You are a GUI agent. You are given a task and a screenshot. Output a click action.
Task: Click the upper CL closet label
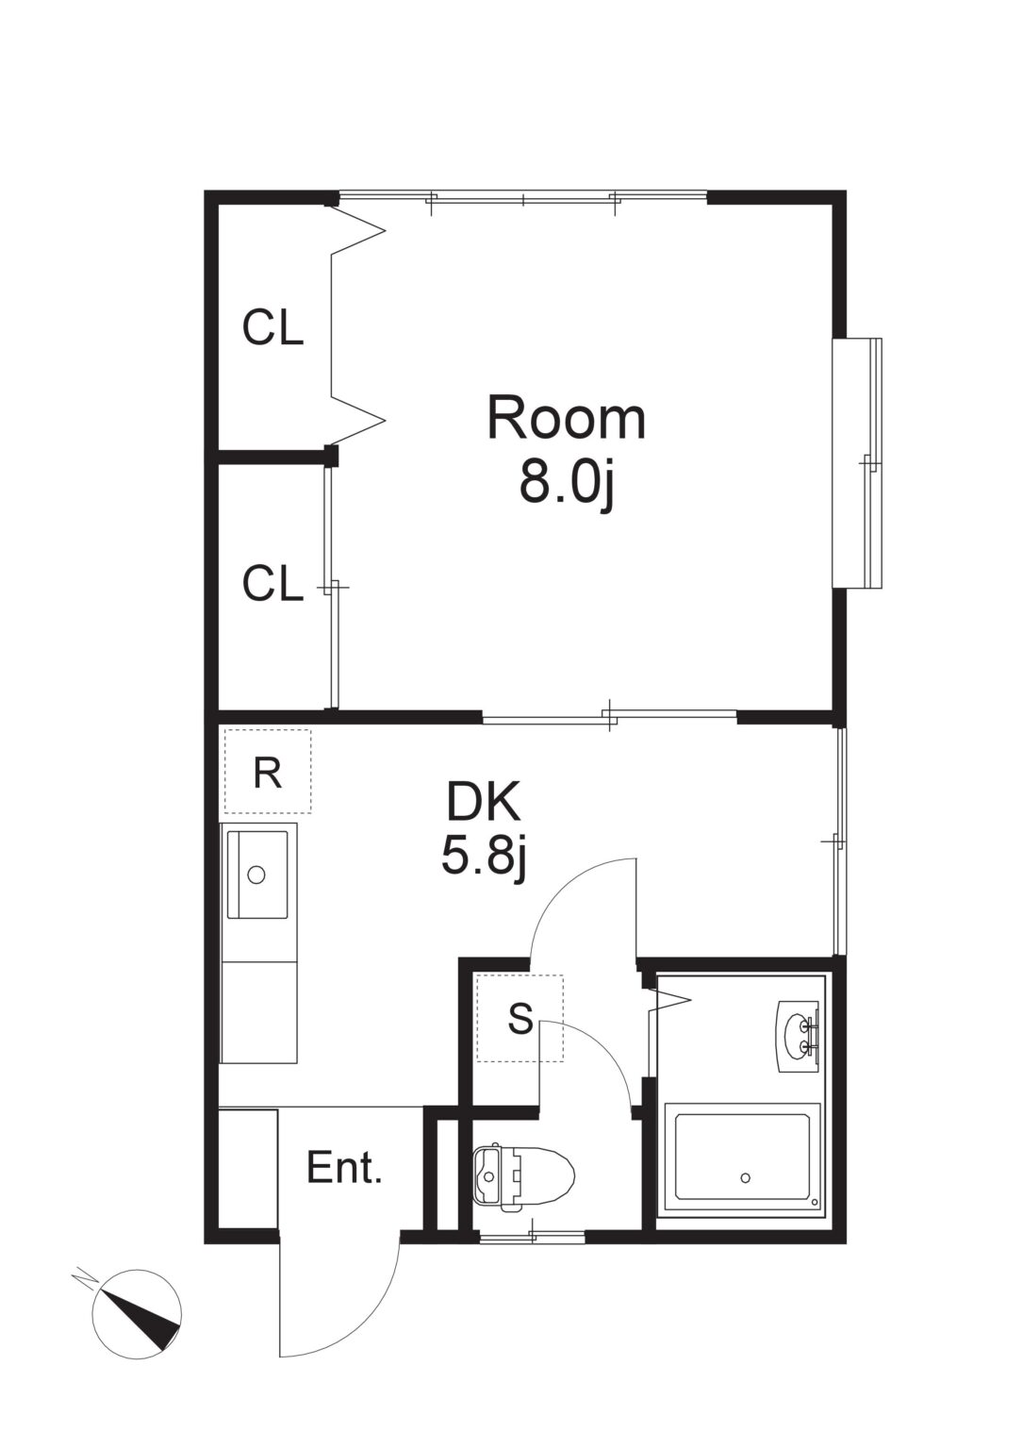click(x=272, y=327)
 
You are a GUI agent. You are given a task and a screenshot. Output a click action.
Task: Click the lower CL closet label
click(x=272, y=583)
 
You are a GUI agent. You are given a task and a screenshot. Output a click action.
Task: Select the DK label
click(x=484, y=802)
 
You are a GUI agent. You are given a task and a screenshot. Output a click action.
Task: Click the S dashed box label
click(x=520, y=1018)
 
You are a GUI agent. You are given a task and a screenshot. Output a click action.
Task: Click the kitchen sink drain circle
click(x=256, y=874)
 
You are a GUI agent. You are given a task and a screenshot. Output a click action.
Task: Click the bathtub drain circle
click(x=746, y=1177)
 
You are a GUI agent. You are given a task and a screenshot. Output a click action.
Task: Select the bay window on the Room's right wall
click(x=857, y=463)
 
